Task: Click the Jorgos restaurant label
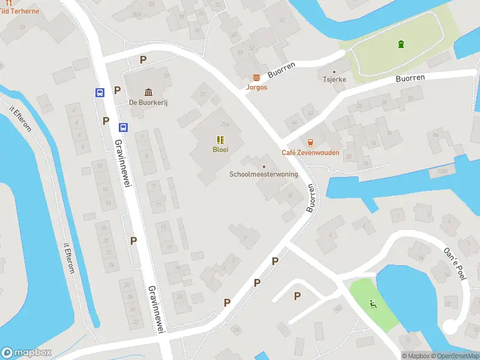(256, 87)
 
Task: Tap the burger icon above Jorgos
(256, 77)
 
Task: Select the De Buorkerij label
(148, 103)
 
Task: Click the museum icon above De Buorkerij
(148, 92)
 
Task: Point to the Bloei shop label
(219, 149)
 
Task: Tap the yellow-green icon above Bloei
(219, 140)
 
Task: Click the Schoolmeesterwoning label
(263, 175)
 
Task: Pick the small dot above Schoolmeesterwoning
(263, 166)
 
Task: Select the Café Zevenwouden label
(310, 152)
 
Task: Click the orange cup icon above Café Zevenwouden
(310, 143)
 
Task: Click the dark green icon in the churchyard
(400, 43)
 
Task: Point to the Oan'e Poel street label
(454, 263)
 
